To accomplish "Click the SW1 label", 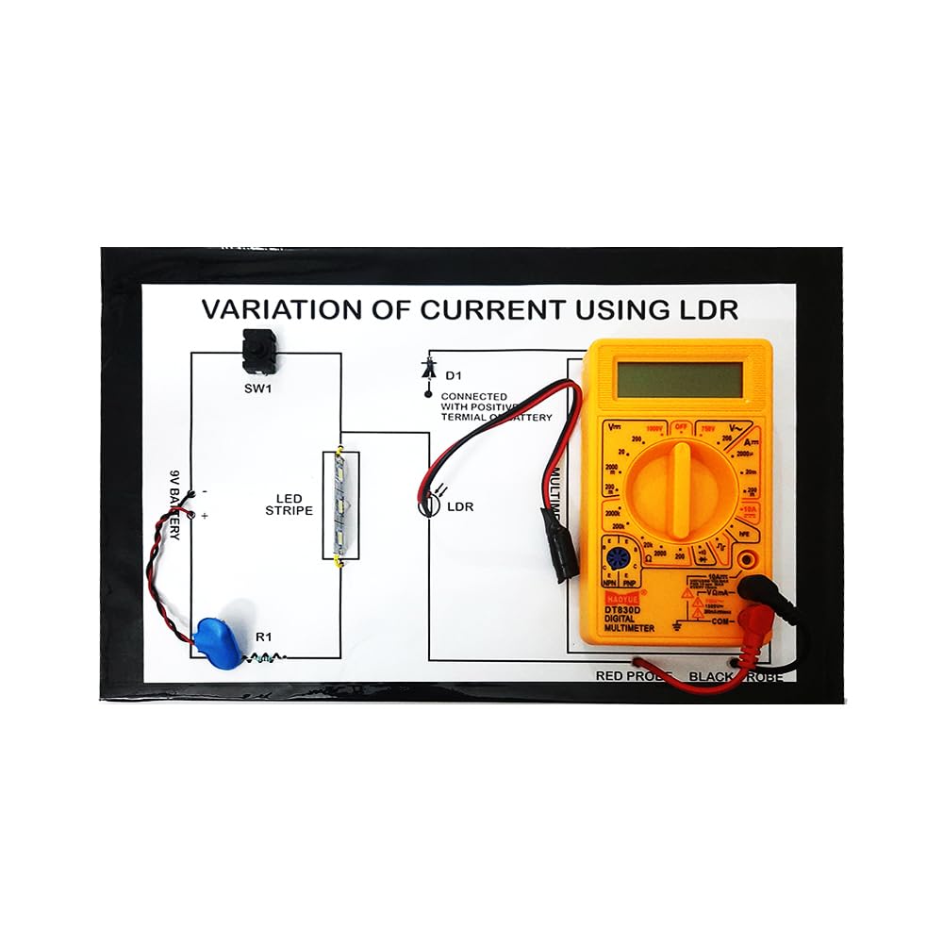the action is point(256,389).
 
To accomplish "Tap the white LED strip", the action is point(340,505).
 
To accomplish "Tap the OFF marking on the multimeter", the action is point(679,426).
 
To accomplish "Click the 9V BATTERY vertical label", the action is point(175,505).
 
